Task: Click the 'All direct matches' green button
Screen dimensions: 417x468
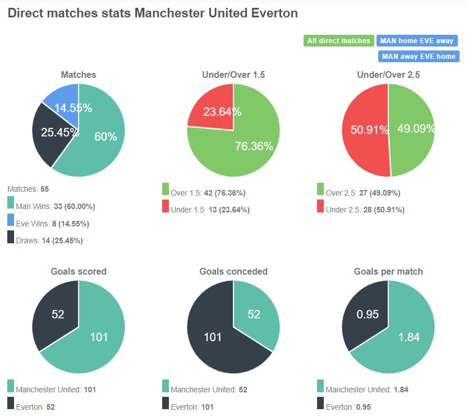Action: tap(339, 40)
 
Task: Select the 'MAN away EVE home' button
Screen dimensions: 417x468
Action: tap(417, 56)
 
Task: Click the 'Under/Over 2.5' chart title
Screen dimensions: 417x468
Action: tap(388, 75)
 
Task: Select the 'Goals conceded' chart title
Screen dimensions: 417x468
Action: tap(233, 271)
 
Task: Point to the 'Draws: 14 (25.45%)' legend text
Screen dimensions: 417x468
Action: tap(49, 241)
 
